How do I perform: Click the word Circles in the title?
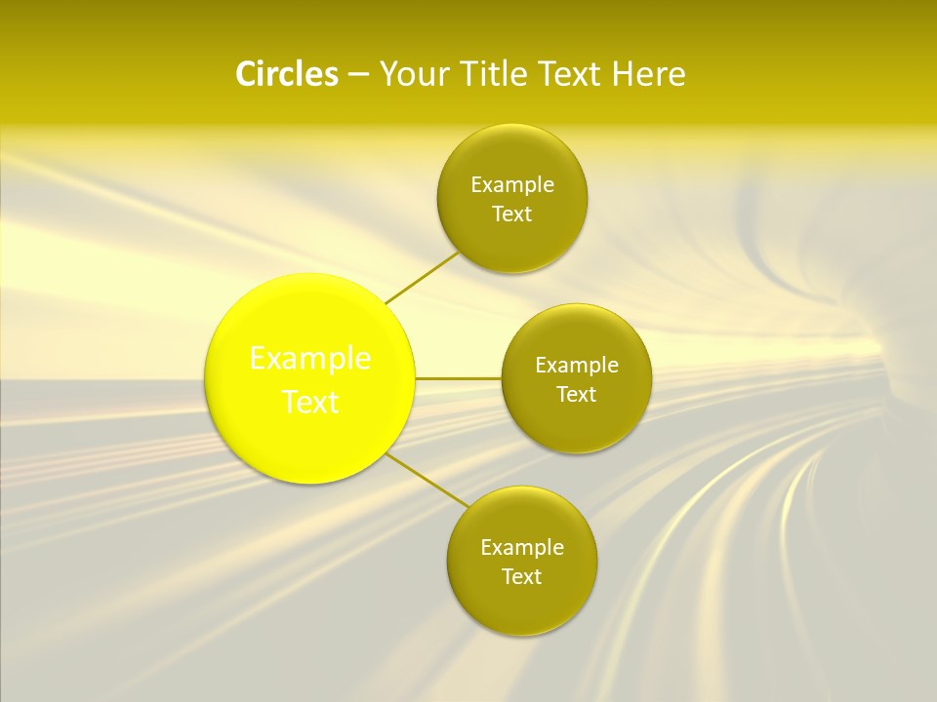(286, 74)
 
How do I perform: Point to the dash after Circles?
(358, 75)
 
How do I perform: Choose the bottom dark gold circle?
(522, 604)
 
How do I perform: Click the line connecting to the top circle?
(423, 278)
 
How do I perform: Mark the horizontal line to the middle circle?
(459, 378)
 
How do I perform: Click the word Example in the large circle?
(310, 359)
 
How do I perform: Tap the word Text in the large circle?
(310, 402)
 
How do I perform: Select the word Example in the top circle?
(512, 184)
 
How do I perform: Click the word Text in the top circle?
(512, 214)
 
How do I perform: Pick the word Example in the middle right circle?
(577, 365)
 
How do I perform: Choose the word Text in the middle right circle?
(577, 395)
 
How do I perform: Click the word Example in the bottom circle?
(522, 547)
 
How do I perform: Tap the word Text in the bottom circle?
(522, 577)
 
